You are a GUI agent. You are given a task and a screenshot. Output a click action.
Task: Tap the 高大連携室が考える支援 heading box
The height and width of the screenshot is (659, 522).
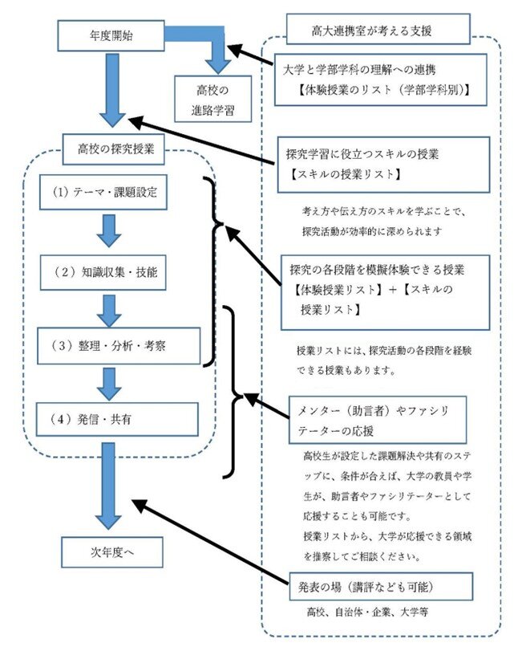click(377, 33)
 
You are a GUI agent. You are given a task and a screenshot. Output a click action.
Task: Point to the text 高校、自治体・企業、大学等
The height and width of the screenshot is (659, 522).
click(368, 612)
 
